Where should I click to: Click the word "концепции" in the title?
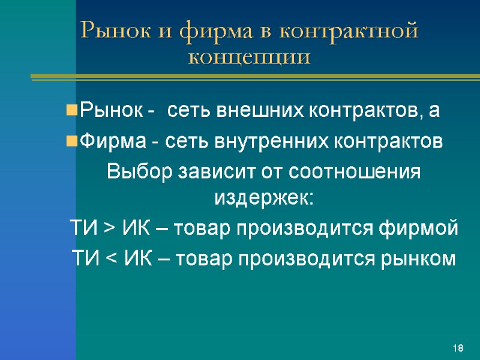[250, 58]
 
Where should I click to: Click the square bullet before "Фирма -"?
[71, 142]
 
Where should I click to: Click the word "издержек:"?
[264, 197]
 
